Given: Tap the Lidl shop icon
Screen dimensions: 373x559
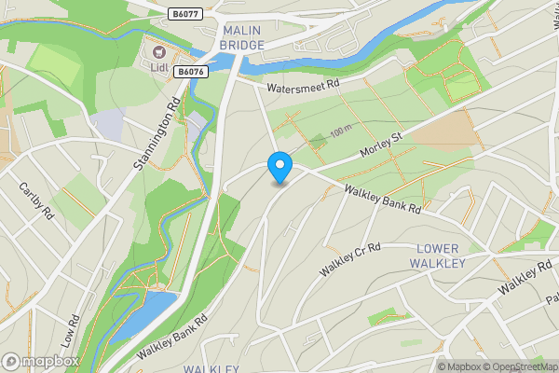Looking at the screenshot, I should [x=158, y=52].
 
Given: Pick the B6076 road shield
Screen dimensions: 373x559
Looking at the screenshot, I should [x=190, y=71].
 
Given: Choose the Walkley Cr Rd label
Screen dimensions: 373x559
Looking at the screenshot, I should [x=351, y=260].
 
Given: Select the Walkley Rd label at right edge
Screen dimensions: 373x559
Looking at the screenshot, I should [x=525, y=277].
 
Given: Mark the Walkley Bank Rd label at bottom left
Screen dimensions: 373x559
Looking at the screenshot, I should [x=172, y=338].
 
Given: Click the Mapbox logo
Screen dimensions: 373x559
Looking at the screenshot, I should [x=40, y=361].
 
